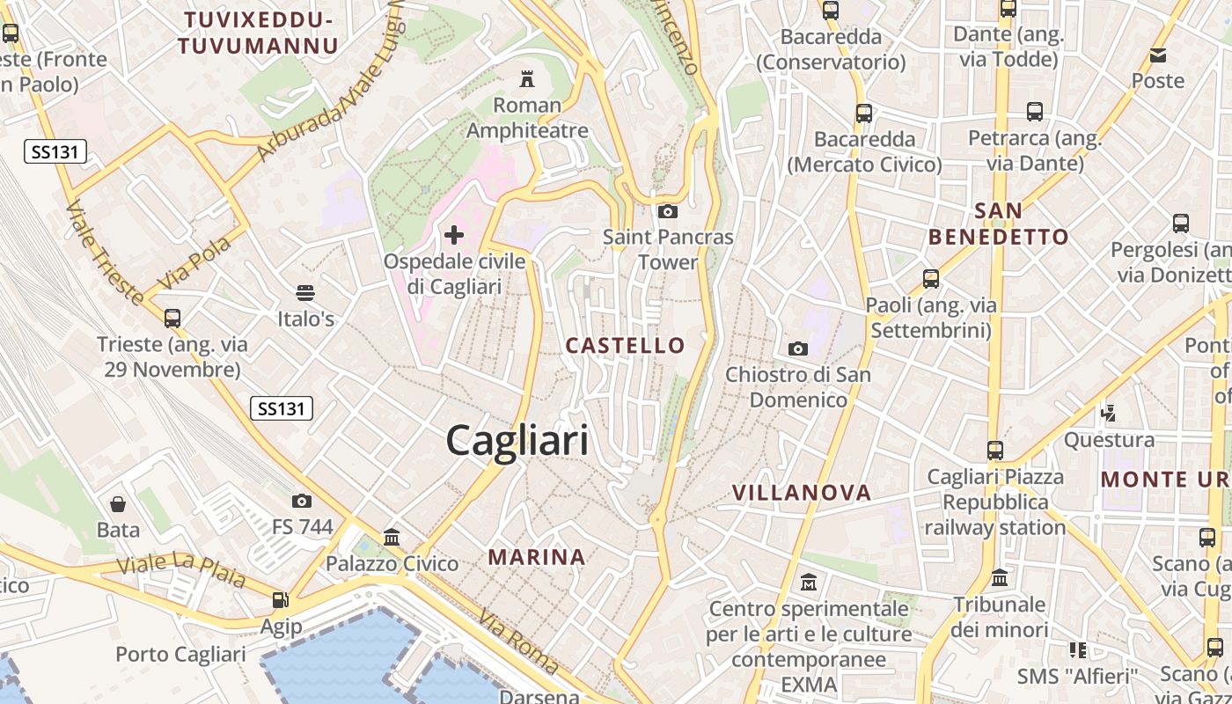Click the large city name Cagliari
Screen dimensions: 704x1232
point(517,439)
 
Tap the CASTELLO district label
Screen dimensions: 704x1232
point(625,345)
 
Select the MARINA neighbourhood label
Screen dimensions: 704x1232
point(537,556)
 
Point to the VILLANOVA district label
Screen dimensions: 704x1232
point(802,493)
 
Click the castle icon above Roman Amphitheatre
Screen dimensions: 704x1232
point(527,79)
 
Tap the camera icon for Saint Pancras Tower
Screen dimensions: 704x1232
point(668,211)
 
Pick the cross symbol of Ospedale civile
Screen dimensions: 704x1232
point(454,235)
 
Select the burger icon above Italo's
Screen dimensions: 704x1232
point(305,292)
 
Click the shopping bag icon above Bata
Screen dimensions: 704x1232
point(118,504)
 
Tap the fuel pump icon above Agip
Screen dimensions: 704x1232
point(281,600)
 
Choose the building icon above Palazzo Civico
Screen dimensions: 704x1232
point(392,537)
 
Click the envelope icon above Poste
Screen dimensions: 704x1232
point(1158,55)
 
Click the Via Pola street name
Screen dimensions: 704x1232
point(194,262)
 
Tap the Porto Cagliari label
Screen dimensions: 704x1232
point(180,655)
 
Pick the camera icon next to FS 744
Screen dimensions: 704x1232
point(302,502)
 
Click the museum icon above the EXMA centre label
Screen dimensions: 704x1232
point(809,583)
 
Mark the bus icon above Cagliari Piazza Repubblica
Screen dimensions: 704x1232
point(994,451)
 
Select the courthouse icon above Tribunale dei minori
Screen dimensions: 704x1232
point(1000,579)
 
